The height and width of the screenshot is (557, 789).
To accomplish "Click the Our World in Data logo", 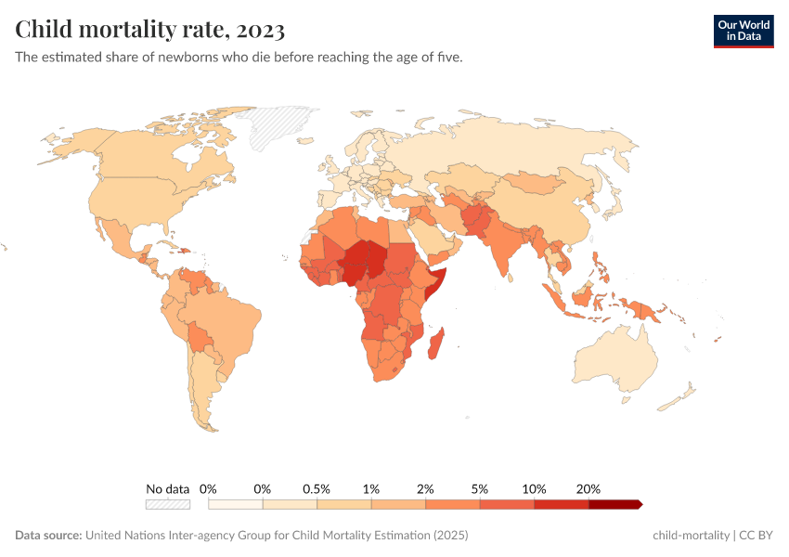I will coord(743,31).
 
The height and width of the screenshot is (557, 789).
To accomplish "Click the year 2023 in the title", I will coord(261,30).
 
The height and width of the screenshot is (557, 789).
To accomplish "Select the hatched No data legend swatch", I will coord(167,504).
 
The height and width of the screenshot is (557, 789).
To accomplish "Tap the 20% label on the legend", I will coord(589,488).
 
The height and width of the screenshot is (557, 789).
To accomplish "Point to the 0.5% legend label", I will coord(317,488).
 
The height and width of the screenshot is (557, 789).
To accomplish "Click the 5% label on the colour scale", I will coord(480,488).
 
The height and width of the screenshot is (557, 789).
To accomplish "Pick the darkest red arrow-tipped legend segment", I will coord(614,504).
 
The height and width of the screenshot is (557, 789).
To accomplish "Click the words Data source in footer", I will coord(48,536).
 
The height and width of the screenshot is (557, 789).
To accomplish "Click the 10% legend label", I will coord(534,488).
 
